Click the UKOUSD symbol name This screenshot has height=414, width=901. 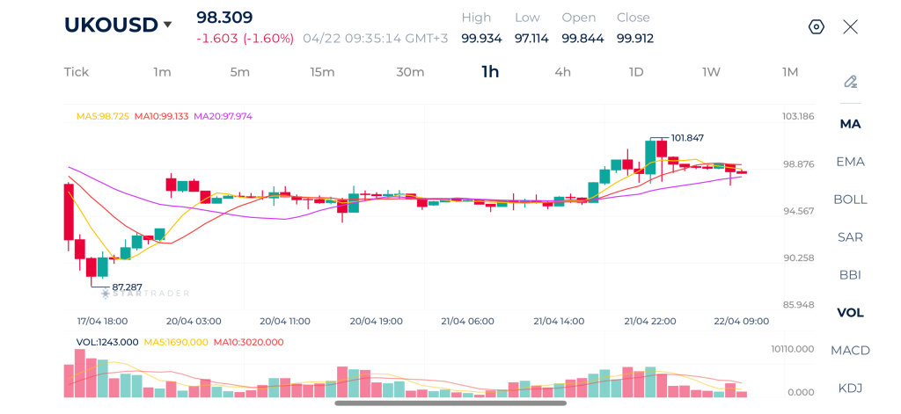(x=110, y=25)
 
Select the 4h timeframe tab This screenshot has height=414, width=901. (x=562, y=72)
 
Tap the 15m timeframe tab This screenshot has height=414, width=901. (x=322, y=72)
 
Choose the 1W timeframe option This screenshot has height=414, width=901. (x=711, y=72)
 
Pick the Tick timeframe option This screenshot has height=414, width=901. (x=77, y=72)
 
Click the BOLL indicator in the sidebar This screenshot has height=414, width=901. (x=851, y=200)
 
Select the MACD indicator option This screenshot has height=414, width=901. (x=851, y=350)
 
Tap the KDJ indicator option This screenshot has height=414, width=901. (x=851, y=389)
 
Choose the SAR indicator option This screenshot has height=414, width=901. (x=851, y=237)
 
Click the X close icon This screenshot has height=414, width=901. (x=851, y=27)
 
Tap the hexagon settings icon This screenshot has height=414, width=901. (x=817, y=27)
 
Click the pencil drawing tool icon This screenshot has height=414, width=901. (x=851, y=82)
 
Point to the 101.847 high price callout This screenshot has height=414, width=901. (x=686, y=138)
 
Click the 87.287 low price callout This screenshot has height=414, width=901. (x=127, y=287)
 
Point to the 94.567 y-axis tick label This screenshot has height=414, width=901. (x=798, y=211)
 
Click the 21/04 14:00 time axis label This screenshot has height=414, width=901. (x=559, y=321)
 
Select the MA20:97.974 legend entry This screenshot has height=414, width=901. (x=223, y=116)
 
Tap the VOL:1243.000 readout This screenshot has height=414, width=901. (x=107, y=342)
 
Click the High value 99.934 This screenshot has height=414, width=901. (x=481, y=39)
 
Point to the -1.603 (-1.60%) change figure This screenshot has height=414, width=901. (x=245, y=39)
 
